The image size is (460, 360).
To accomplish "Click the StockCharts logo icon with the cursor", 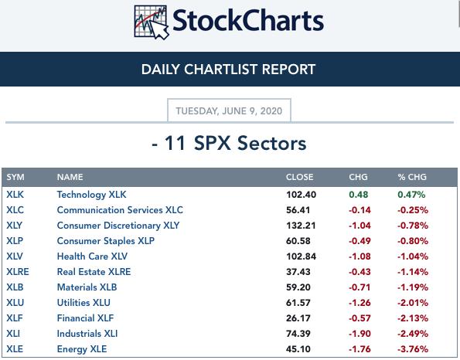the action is pyautogui.click(x=152, y=22).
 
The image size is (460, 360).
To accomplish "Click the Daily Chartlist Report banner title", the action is pyautogui.click(x=228, y=70).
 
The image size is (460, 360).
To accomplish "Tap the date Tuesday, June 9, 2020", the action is pyautogui.click(x=229, y=110).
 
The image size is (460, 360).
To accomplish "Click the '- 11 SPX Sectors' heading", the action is pyautogui.click(x=229, y=143).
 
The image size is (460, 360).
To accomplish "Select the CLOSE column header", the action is pyautogui.click(x=299, y=177).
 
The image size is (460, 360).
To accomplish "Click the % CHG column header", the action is pyautogui.click(x=412, y=177).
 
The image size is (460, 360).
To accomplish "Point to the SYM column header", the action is pyautogui.click(x=15, y=177).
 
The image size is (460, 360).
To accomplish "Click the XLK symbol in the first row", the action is pyautogui.click(x=15, y=195).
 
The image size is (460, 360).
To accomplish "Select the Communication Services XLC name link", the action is pyautogui.click(x=120, y=210).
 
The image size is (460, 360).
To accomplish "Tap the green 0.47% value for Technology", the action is pyautogui.click(x=411, y=195).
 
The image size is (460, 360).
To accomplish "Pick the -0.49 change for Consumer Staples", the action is pyautogui.click(x=359, y=241).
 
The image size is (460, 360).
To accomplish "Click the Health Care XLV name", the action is pyautogui.click(x=92, y=256).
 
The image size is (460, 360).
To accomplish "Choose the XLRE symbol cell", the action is pyautogui.click(x=18, y=272).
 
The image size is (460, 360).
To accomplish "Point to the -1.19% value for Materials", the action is pyautogui.click(x=413, y=287).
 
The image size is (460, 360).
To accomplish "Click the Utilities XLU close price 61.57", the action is pyautogui.click(x=298, y=303).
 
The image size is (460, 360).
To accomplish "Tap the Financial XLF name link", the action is pyautogui.click(x=85, y=318).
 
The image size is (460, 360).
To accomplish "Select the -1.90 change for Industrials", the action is pyautogui.click(x=359, y=334).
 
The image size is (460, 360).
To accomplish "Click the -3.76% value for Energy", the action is pyautogui.click(x=413, y=349).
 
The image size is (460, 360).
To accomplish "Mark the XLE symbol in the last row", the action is pyautogui.click(x=15, y=349).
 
